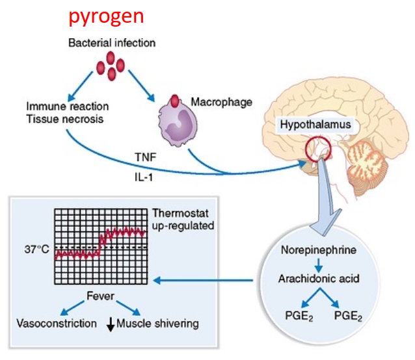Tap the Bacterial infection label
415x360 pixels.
(112, 43)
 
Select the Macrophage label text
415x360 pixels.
(222, 103)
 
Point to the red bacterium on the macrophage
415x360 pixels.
(175, 101)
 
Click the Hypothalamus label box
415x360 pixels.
(315, 125)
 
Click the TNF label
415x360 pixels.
(146, 157)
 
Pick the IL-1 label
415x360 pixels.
(144, 177)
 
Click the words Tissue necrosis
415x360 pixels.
(65, 119)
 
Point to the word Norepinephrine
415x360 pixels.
(319, 250)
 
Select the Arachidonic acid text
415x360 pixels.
(319, 279)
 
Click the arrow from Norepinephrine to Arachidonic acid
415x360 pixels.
(319, 265)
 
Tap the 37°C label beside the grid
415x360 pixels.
(37, 250)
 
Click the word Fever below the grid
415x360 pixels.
(101, 296)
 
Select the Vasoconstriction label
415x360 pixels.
(57, 324)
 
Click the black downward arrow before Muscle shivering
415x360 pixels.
(111, 324)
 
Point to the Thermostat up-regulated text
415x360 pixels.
(183, 220)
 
